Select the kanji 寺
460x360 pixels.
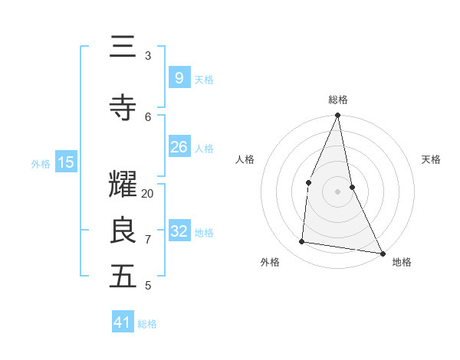click(x=123, y=108)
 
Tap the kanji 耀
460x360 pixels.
click(x=123, y=185)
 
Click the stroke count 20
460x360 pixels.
click(x=148, y=194)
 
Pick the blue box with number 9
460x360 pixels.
click(x=179, y=77)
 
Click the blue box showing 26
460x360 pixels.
click(x=179, y=147)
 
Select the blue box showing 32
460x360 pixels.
click(x=179, y=231)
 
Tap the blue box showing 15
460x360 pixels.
click(x=66, y=162)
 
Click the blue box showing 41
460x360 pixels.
click(x=123, y=322)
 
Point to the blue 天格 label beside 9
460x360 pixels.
click(x=204, y=79)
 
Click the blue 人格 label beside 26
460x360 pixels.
click(x=204, y=148)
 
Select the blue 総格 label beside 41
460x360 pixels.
click(x=147, y=324)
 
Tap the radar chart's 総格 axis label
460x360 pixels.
click(x=338, y=100)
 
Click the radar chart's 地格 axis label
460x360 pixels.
click(x=402, y=262)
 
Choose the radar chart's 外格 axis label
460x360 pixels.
click(x=270, y=262)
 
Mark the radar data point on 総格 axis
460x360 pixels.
click(x=337, y=116)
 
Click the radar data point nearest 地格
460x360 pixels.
click(x=382, y=253)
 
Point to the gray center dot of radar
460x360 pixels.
click(x=337, y=191)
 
